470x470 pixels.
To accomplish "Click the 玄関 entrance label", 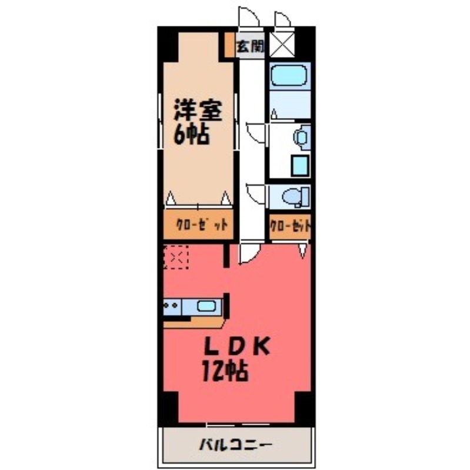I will pos(250,46).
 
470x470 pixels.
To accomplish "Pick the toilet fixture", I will pos(295,197).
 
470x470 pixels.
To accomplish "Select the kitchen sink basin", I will pos(206,305).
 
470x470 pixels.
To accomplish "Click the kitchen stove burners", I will pos(172,305).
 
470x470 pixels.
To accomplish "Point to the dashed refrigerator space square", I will pos(175,257).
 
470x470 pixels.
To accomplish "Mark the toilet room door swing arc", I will pos(257,193).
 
